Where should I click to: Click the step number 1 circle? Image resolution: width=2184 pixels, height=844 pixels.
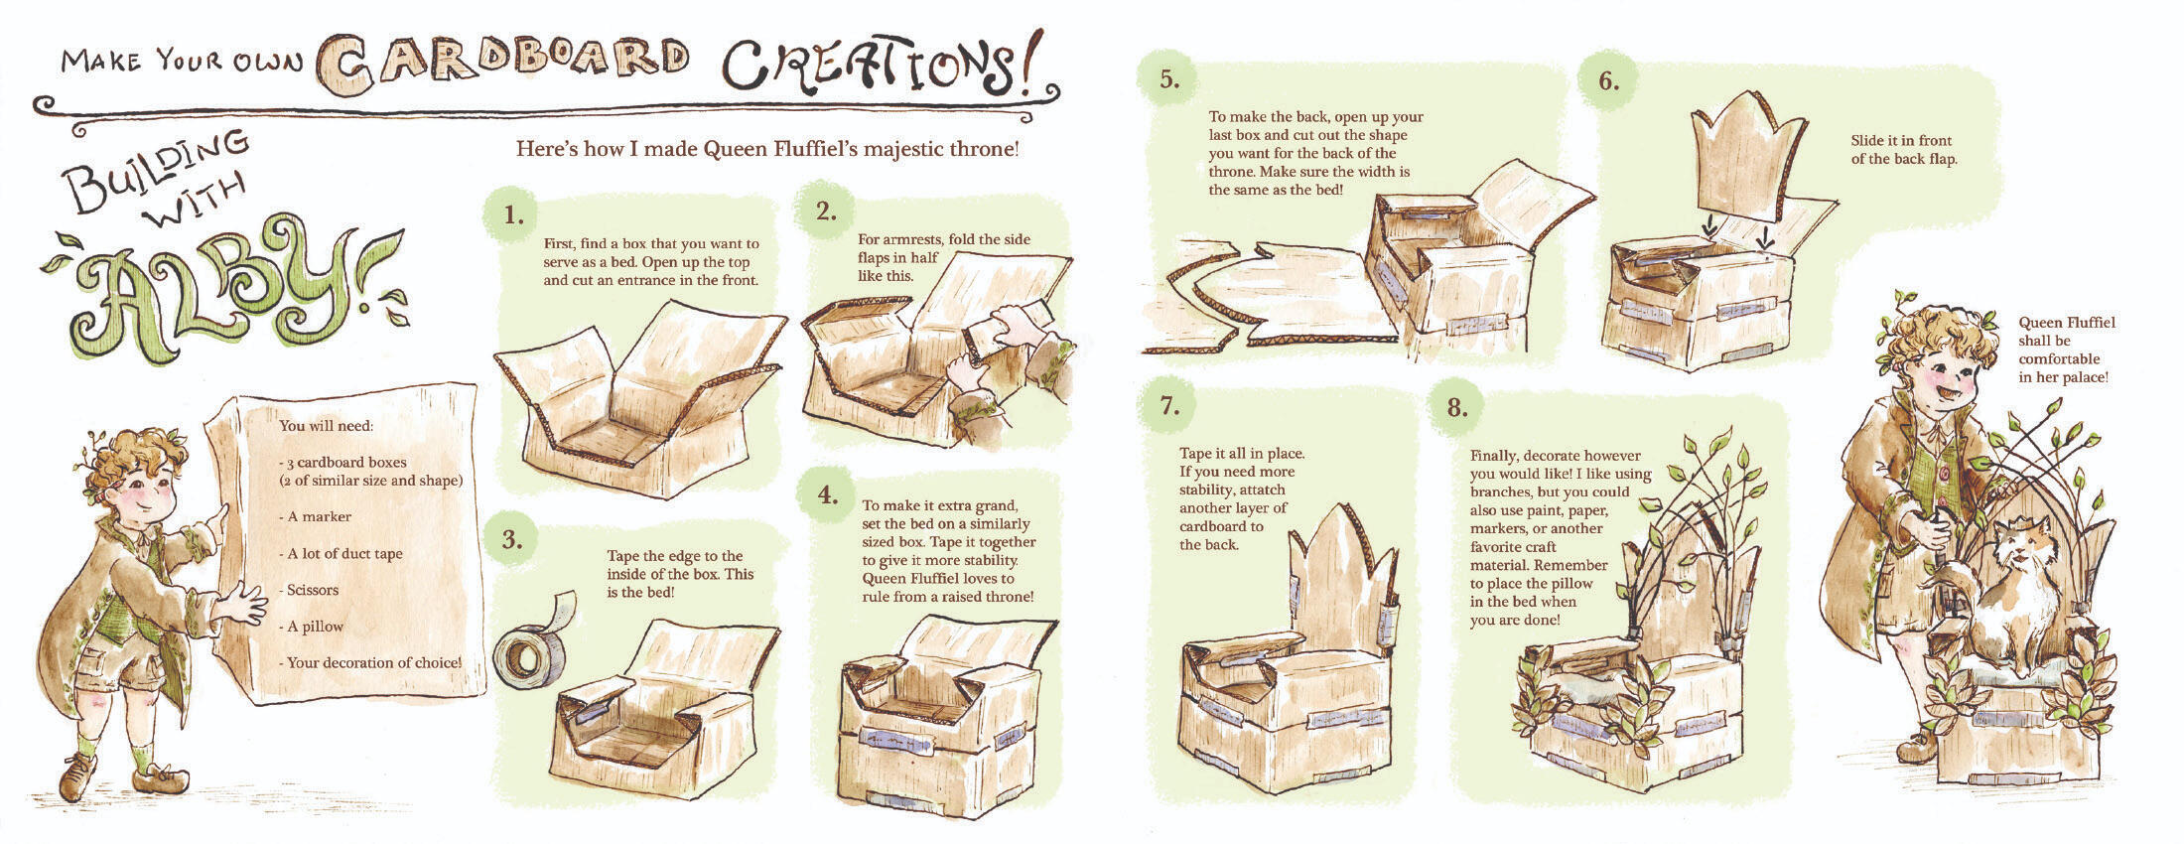(x=512, y=214)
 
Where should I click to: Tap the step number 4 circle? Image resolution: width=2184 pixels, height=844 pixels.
(x=828, y=494)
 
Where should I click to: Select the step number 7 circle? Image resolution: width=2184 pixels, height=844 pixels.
(x=1168, y=406)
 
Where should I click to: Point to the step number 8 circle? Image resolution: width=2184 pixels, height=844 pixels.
(x=1457, y=407)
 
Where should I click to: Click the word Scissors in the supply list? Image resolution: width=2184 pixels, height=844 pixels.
(x=313, y=590)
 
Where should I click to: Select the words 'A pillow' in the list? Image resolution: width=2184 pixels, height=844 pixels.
(x=316, y=627)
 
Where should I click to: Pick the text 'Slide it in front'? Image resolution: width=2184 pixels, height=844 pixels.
(x=1901, y=141)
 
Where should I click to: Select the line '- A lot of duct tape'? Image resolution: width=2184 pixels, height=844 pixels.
(x=341, y=553)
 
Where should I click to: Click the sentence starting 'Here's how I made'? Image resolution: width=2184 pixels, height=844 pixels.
(x=767, y=150)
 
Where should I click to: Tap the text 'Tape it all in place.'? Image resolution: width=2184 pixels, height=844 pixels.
(x=1242, y=454)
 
